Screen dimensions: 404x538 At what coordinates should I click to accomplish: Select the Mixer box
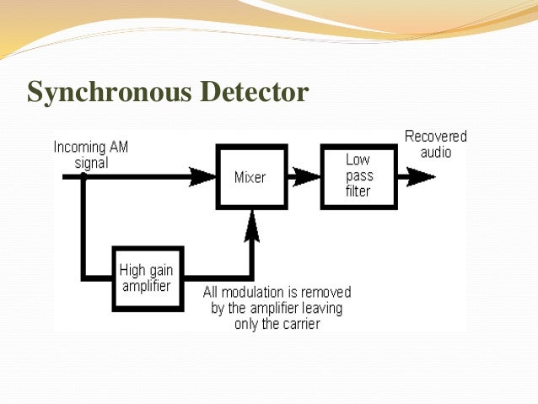(251, 177)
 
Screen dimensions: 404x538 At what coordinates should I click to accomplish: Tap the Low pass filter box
(358, 176)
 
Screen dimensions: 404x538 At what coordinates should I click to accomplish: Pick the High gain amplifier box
(148, 277)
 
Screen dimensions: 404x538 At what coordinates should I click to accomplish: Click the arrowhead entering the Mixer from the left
(203, 176)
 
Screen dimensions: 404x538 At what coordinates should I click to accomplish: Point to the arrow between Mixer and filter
(304, 176)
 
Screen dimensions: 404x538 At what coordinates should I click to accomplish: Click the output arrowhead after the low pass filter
(420, 176)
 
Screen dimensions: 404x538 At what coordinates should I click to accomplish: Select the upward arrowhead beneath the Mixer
(251, 225)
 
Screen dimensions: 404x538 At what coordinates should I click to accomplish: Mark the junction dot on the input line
(83, 176)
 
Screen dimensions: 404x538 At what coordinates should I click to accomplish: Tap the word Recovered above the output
(435, 137)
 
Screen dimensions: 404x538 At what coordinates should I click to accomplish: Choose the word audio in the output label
(436, 152)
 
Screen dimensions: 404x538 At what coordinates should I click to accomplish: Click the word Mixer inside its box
(250, 177)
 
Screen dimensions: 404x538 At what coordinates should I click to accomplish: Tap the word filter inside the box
(358, 191)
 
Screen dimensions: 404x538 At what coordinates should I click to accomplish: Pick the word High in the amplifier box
(132, 271)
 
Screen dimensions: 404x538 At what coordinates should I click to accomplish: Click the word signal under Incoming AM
(91, 162)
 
